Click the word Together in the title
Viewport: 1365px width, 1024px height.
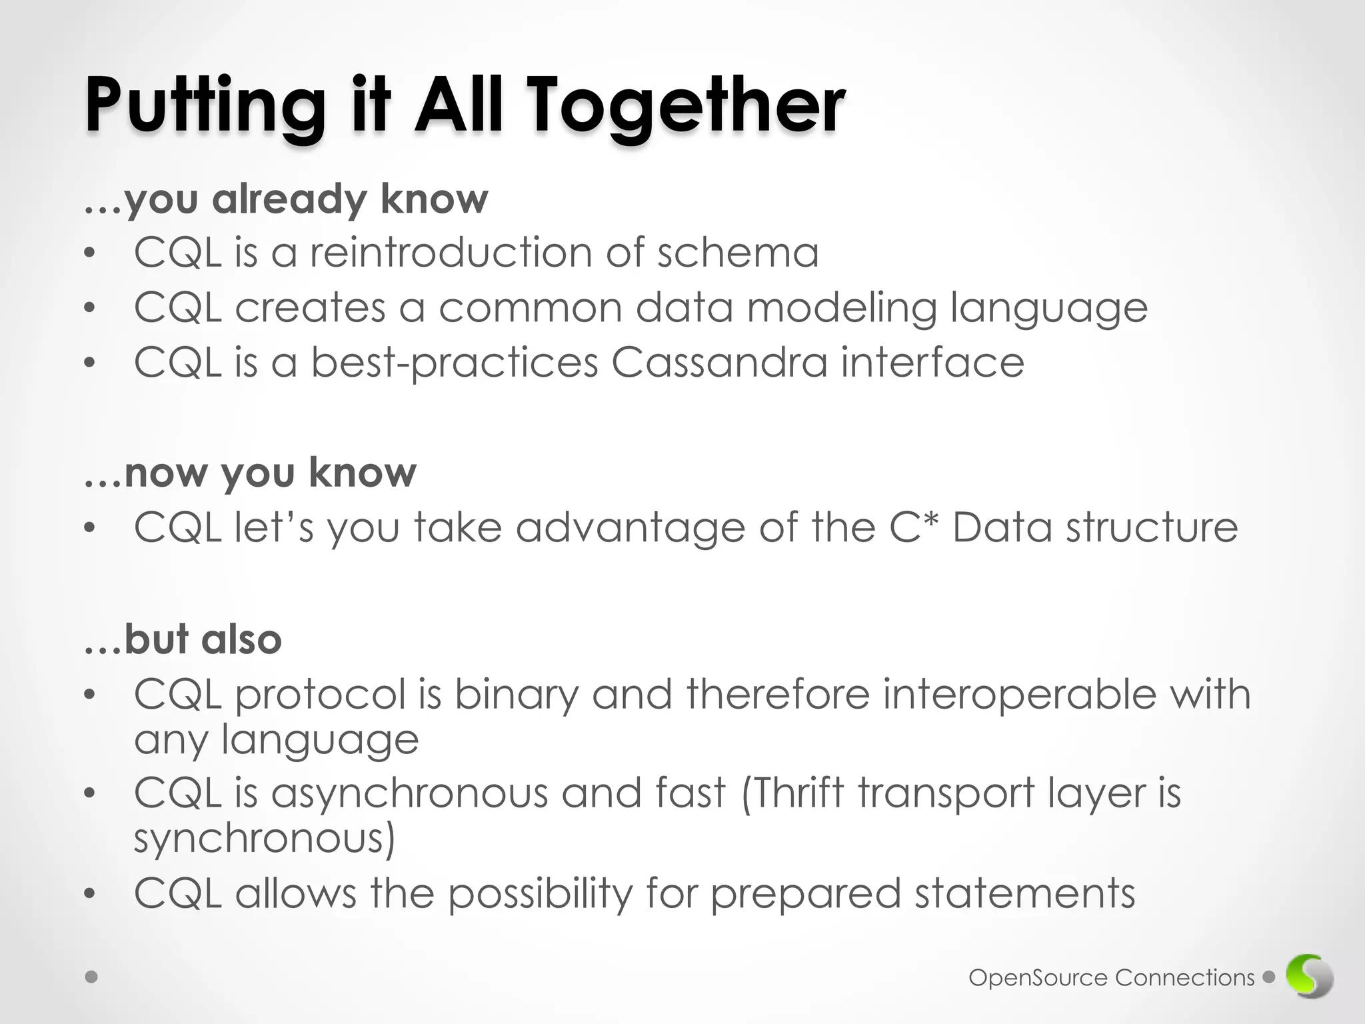pyautogui.click(x=686, y=107)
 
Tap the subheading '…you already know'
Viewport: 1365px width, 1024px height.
pyautogui.click(x=287, y=199)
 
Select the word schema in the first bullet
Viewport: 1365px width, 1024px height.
pyautogui.click(x=738, y=253)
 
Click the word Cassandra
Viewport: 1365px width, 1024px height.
pyautogui.click(x=719, y=363)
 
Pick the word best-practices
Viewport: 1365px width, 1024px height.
pyautogui.click(x=455, y=363)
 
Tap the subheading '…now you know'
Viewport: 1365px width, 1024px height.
pyautogui.click(x=251, y=473)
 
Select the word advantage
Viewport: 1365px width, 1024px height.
pyautogui.click(x=631, y=529)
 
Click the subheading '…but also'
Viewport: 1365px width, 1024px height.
pyautogui.click(x=183, y=639)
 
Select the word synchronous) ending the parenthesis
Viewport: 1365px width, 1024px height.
pyautogui.click(x=265, y=839)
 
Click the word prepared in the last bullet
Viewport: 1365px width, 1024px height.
pyautogui.click(x=805, y=894)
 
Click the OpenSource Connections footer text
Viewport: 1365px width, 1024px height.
pyautogui.click(x=1111, y=978)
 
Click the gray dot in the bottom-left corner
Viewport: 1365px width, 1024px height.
pyautogui.click(x=92, y=977)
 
